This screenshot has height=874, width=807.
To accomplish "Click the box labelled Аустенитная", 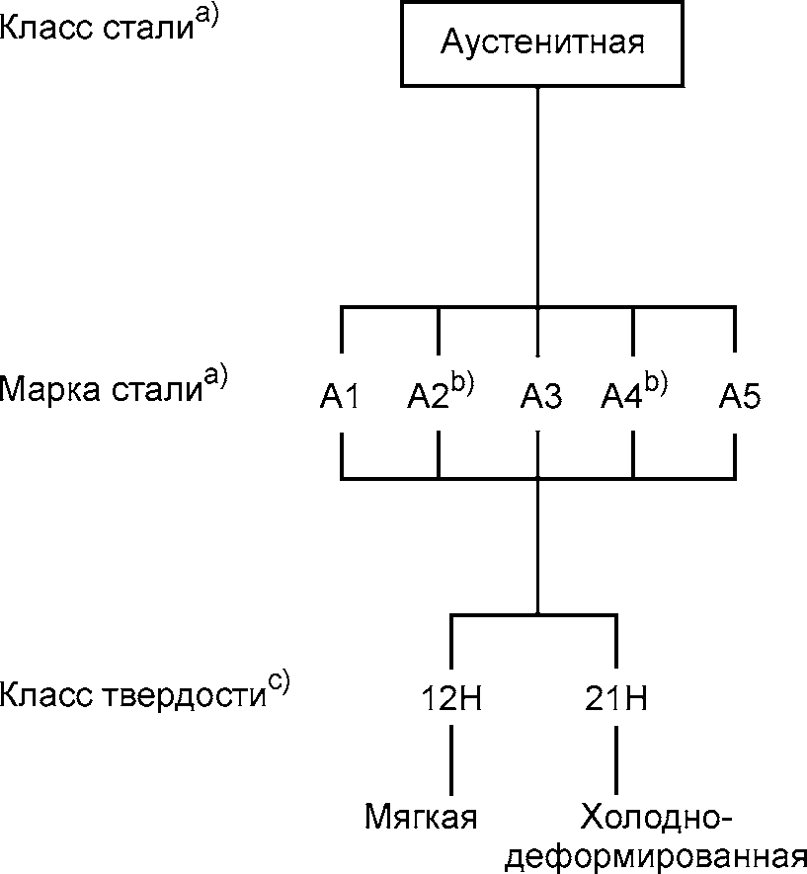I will [537, 44].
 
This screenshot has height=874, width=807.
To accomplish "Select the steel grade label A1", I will [341, 398].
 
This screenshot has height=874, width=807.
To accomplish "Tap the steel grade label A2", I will [430, 398].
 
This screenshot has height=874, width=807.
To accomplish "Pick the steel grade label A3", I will [540, 398].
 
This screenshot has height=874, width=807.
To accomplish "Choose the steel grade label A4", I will [623, 398].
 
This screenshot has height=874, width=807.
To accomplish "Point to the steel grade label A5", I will [740, 398].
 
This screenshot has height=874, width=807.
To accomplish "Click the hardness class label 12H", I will [451, 700].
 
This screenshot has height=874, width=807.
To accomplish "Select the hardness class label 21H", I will [616, 700].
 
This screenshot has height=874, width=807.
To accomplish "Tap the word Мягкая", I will [421, 818].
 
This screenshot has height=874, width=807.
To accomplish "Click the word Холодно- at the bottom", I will [656, 818].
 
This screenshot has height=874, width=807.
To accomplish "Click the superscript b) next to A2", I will [462, 383].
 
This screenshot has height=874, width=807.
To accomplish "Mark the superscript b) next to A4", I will [656, 383].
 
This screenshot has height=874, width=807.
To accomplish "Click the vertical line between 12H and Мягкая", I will [451, 759].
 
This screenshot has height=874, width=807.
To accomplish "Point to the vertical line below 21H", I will [616, 759].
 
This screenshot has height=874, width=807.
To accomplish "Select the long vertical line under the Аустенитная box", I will [537, 198].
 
